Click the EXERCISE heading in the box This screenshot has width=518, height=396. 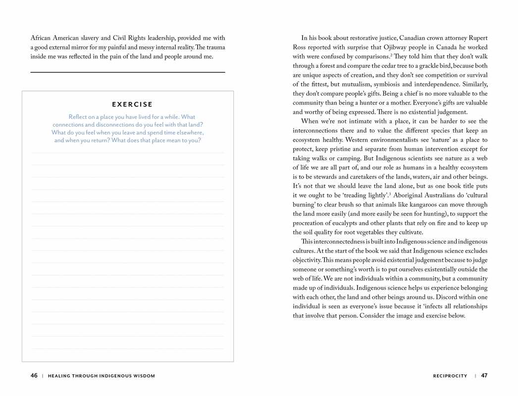coord(132,104)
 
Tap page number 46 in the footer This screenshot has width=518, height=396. coord(34,376)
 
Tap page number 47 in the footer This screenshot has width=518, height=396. coord(484,376)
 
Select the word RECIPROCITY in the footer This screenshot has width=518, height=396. coord(450,376)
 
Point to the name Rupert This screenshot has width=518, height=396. coord(476,38)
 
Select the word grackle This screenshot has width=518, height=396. coord(417,66)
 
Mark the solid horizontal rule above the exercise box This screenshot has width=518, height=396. coord(128,73)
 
